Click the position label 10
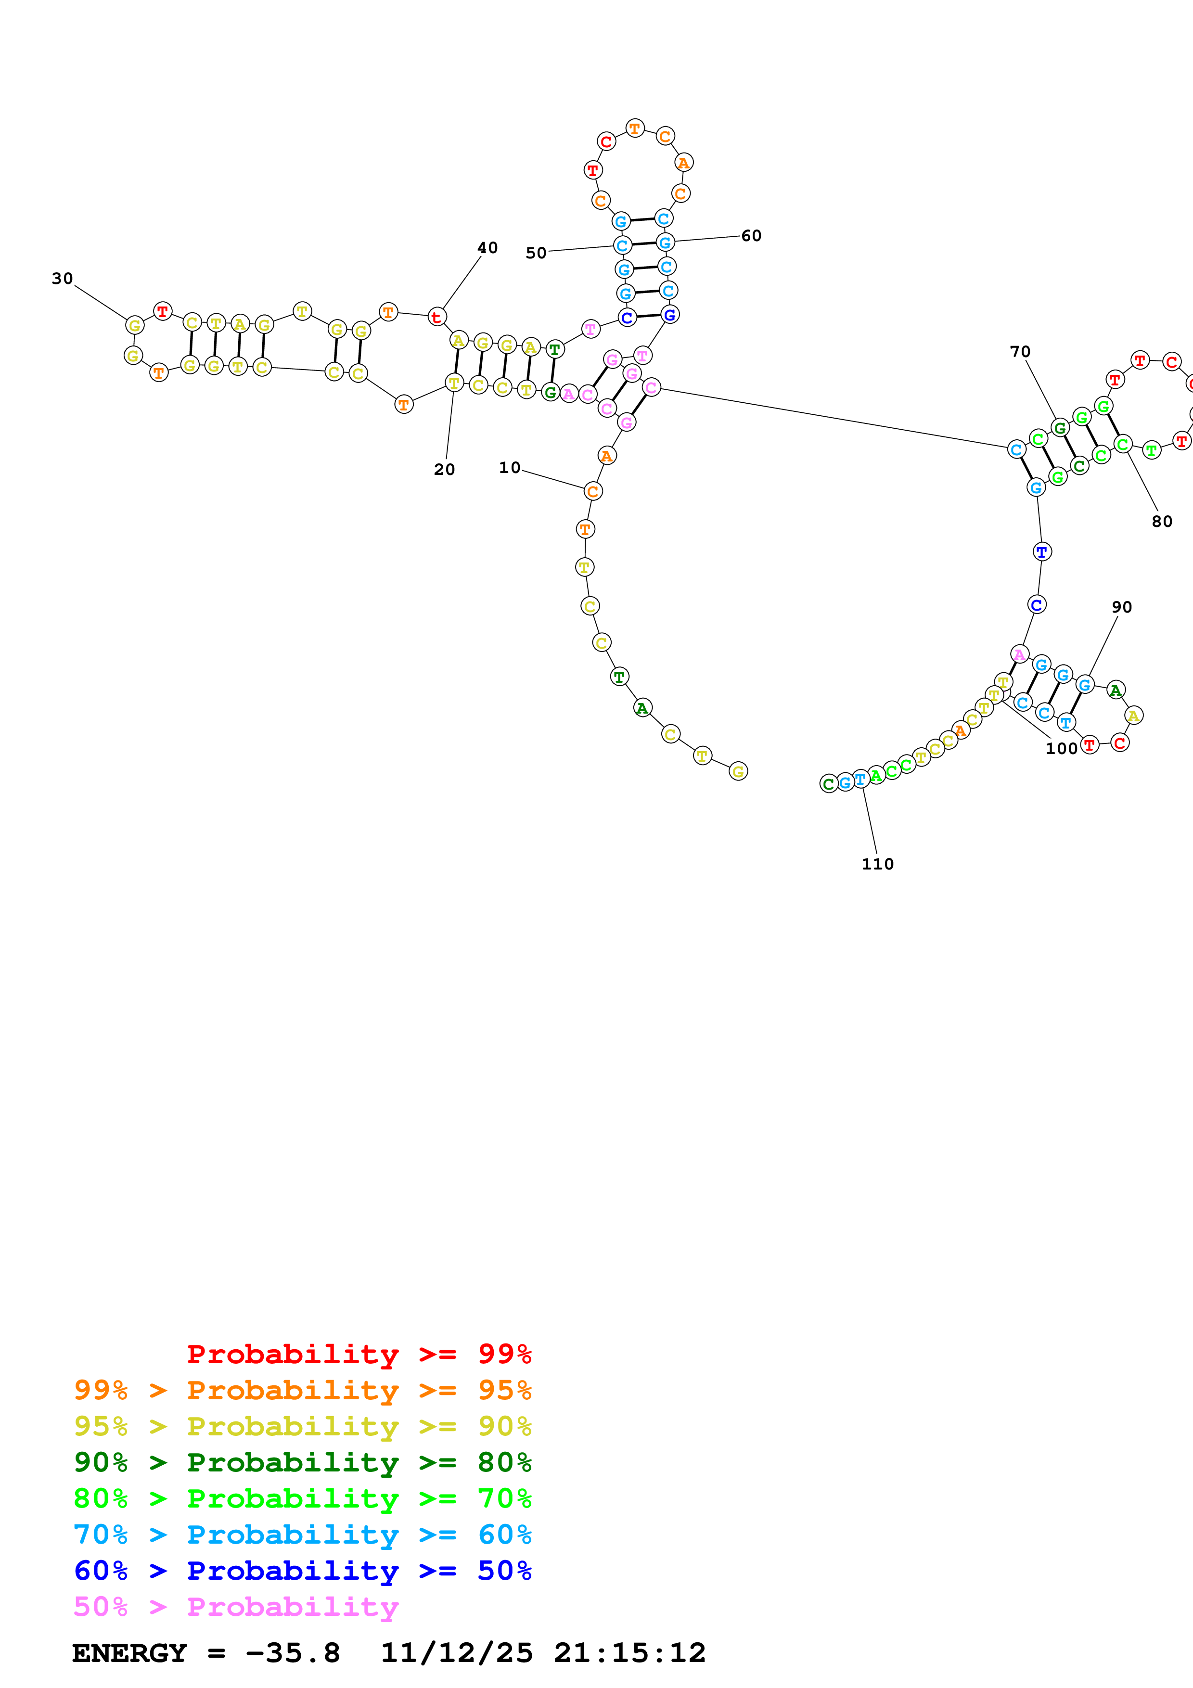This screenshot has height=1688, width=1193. (x=510, y=468)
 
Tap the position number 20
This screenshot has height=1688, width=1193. (x=444, y=470)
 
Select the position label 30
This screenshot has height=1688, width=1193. (x=63, y=279)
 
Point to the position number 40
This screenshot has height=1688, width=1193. (x=487, y=248)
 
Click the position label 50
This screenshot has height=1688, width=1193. (x=536, y=253)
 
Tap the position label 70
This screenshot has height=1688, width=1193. (x=1020, y=351)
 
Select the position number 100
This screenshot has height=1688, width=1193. (x=1062, y=748)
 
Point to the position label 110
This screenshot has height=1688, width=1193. (x=878, y=864)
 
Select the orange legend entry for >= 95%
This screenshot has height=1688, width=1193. (x=302, y=1390)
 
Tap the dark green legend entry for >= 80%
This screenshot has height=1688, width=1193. (x=302, y=1462)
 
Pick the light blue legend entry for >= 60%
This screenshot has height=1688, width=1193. (x=302, y=1535)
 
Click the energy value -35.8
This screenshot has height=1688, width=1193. (x=293, y=1653)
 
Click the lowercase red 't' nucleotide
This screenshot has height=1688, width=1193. (x=436, y=318)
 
